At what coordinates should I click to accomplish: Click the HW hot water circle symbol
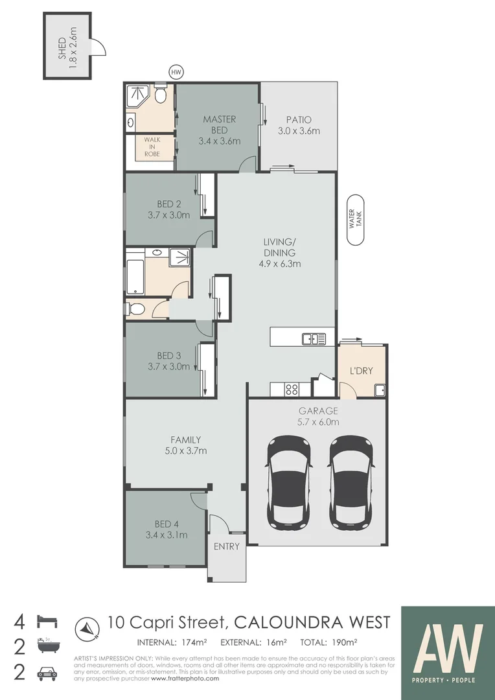click(174, 73)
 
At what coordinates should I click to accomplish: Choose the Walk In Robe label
click(152, 147)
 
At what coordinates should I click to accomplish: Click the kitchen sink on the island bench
click(313, 338)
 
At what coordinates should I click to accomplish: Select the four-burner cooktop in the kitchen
click(292, 389)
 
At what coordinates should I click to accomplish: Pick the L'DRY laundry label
click(361, 371)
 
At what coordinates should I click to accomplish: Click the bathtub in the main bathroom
click(135, 273)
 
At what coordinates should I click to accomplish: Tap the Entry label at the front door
click(227, 546)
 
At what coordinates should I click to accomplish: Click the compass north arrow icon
click(86, 626)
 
